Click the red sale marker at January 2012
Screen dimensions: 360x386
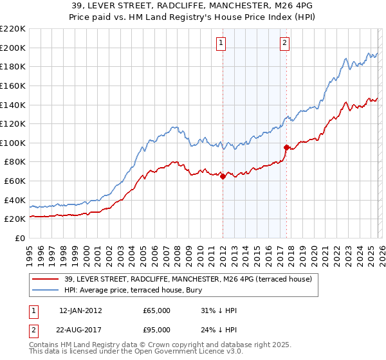click(223, 176)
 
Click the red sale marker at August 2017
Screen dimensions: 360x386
click(286, 147)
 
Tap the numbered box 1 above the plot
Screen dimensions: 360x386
click(221, 43)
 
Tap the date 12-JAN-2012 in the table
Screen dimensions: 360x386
click(80, 310)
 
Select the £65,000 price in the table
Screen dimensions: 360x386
click(157, 310)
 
